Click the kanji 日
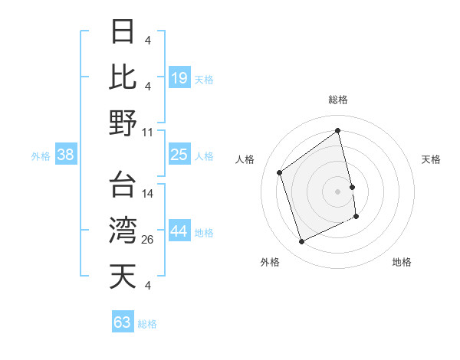(x=123, y=31)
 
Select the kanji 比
(x=123, y=77)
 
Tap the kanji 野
(x=123, y=123)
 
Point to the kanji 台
(x=123, y=185)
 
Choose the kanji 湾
(x=123, y=231)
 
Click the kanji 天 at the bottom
(x=123, y=277)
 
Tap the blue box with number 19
(x=179, y=77)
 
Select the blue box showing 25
(x=179, y=155)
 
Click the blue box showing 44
(x=179, y=232)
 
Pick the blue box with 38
(x=65, y=155)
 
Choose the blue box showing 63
(x=123, y=322)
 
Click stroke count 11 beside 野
(x=148, y=132)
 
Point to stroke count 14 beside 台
(x=148, y=194)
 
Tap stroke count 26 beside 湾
(x=148, y=240)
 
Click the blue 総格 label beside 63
(x=147, y=324)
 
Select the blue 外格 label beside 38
(x=41, y=156)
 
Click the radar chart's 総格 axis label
(x=337, y=100)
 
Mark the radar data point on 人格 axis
(x=280, y=173)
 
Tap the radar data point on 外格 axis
(x=301, y=242)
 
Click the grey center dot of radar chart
(x=337, y=191)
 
